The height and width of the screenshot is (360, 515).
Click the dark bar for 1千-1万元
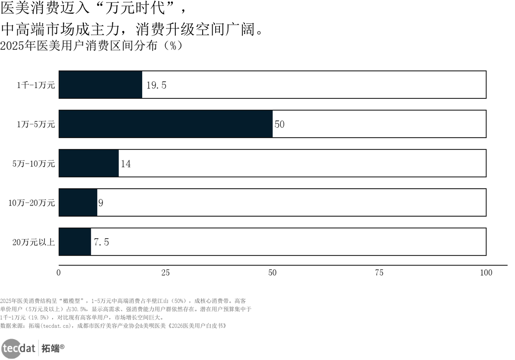[x=101, y=85]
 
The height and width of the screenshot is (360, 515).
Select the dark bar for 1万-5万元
[x=166, y=124]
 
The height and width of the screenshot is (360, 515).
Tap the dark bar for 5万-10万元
[x=89, y=164]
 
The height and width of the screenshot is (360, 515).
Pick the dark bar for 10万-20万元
[x=78, y=202]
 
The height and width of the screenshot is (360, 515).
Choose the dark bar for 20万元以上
[x=75, y=242]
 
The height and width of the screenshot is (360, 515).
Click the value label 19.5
[x=156, y=85]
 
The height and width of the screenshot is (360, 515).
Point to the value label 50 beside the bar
[x=280, y=124]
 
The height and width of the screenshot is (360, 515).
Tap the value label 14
[x=126, y=164]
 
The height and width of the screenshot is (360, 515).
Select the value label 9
[x=101, y=203]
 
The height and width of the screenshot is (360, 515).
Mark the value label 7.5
[x=101, y=242]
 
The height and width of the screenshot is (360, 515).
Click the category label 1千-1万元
[x=36, y=85]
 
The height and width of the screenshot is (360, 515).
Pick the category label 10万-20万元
[x=32, y=203]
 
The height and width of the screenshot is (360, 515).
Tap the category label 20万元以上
[x=34, y=242]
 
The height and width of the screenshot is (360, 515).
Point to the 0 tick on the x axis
[x=59, y=273]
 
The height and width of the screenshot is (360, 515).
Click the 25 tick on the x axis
[x=165, y=273]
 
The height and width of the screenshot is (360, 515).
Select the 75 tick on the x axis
[x=379, y=273]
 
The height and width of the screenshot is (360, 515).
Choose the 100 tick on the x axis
[x=486, y=273]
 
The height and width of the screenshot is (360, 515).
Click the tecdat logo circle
[x=11, y=348]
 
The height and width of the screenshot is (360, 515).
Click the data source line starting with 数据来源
[x=114, y=326]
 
